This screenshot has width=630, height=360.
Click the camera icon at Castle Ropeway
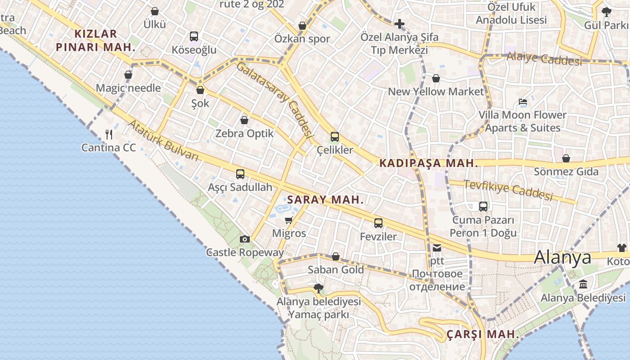pos(244,239)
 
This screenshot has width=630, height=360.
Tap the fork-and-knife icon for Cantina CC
pos(109,134)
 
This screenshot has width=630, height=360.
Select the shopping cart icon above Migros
pos(289,220)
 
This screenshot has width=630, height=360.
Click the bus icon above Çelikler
pos(335,137)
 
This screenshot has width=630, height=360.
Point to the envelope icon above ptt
pos(437,247)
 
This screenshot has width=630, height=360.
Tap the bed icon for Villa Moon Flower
pos(522,102)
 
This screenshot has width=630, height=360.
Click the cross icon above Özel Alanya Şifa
pos(399,23)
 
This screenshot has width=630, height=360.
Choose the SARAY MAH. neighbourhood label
pos(325,200)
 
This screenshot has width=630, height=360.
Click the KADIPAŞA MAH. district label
pos(428,163)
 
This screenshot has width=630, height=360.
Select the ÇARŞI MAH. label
pos(483,335)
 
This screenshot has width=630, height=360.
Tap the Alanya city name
pos(562,257)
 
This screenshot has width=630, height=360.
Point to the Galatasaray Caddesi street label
pos(274,99)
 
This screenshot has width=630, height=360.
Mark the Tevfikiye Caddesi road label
pos(508,190)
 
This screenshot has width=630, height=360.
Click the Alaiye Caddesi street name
pos(544,58)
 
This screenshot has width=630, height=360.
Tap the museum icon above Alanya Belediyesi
pos(584,284)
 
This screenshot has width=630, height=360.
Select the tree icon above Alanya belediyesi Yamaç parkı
pos(319,288)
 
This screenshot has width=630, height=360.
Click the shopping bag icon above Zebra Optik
pos(244,120)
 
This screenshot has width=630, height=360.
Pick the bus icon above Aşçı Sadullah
pos(240,174)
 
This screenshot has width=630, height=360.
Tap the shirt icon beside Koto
pos(621,247)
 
